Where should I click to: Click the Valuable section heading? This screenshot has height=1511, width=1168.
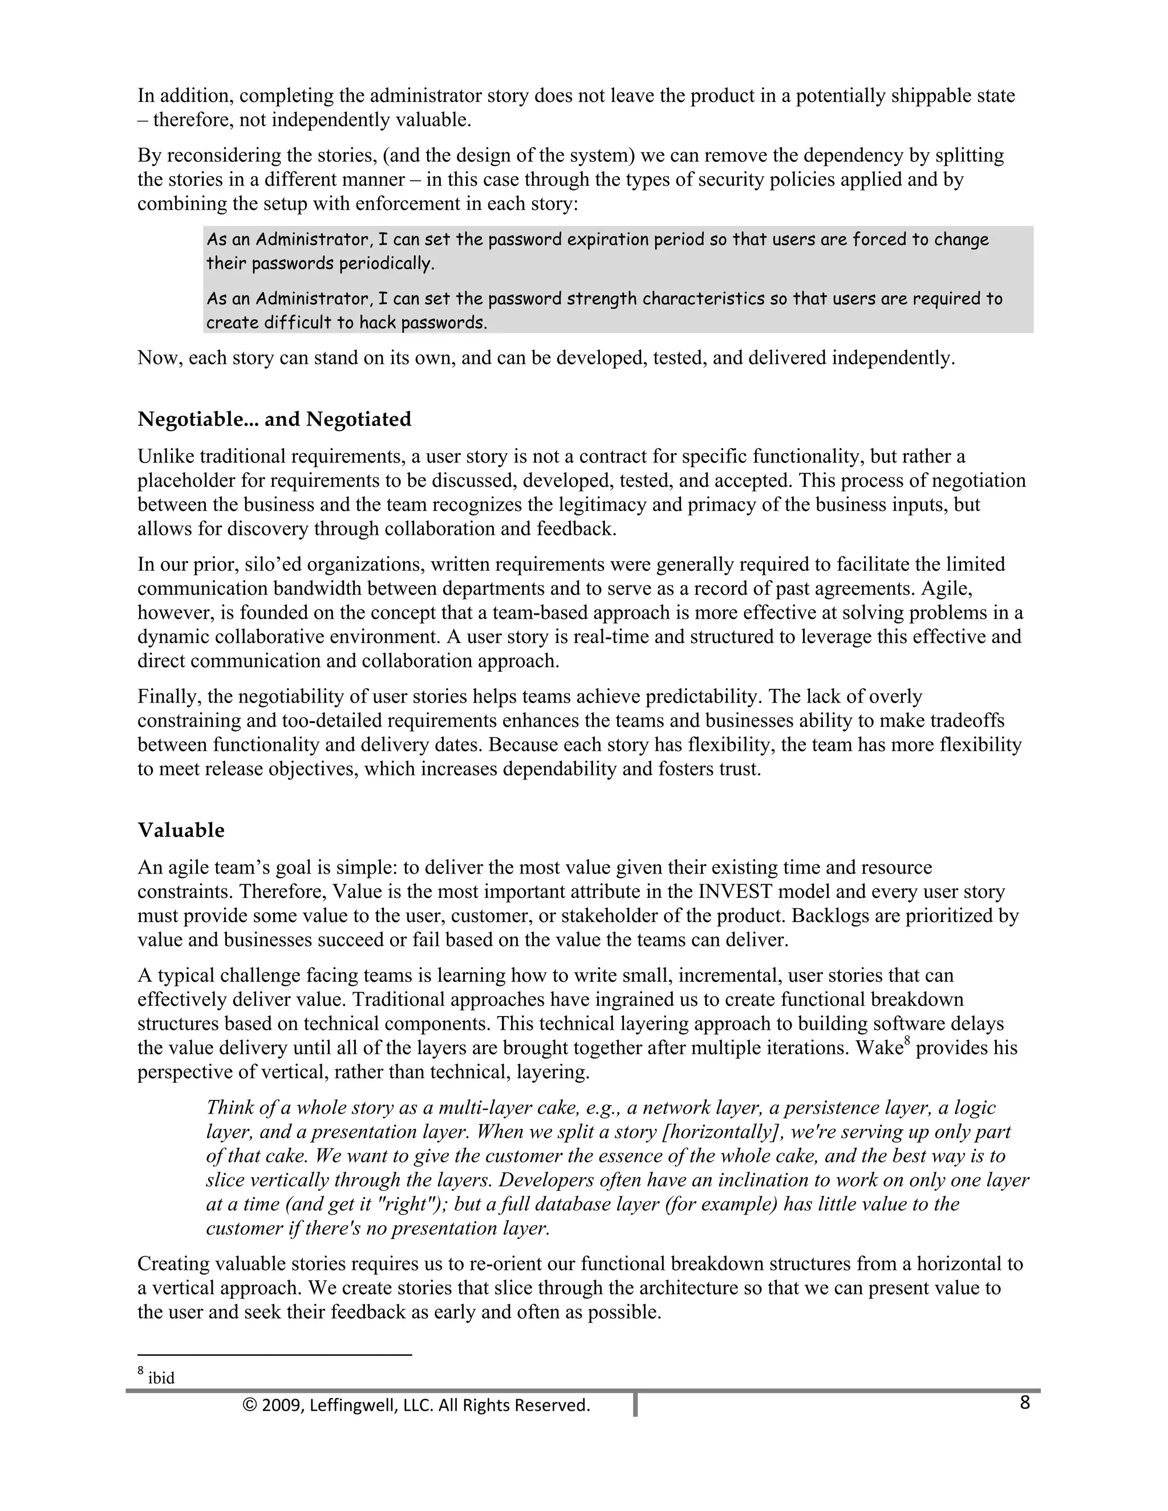click(181, 830)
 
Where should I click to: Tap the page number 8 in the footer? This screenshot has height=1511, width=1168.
click(1025, 1403)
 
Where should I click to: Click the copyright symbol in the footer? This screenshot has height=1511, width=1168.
click(250, 1405)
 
